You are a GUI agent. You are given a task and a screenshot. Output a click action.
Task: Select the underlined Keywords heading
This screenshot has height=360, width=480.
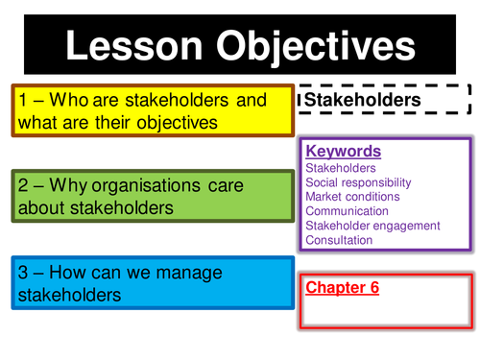[343, 152]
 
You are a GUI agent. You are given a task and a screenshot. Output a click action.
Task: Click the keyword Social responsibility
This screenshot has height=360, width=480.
[357, 182]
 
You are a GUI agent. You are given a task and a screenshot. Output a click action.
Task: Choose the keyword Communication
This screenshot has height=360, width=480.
[347, 211]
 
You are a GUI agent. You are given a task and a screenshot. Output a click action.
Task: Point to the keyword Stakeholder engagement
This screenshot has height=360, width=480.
[372, 226]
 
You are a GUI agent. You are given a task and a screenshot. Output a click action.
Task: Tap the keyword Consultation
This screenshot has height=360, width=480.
[338, 240]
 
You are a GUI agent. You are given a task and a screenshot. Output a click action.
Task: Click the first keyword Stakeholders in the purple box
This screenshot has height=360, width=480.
[341, 168]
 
